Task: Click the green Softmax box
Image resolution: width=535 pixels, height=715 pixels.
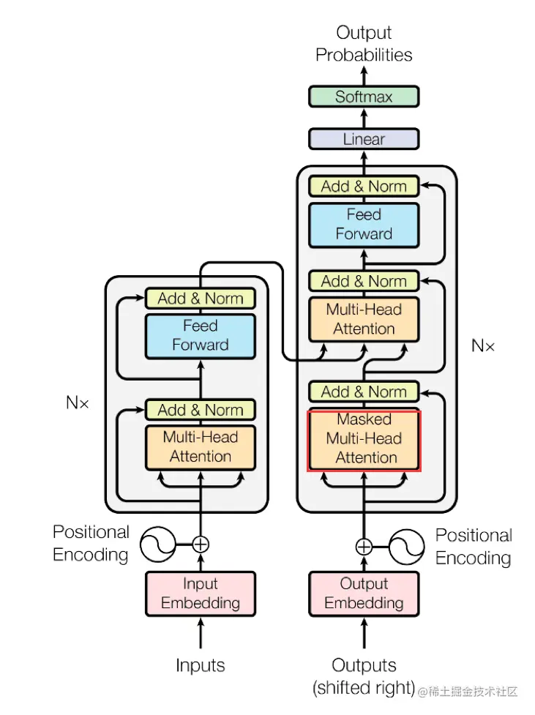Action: click(x=364, y=97)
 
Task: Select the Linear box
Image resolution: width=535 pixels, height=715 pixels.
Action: click(x=364, y=139)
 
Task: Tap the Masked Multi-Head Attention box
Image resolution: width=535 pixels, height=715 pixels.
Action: click(x=364, y=438)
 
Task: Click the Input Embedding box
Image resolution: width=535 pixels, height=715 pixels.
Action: click(x=201, y=594)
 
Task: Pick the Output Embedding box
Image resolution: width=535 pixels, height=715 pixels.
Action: click(x=364, y=594)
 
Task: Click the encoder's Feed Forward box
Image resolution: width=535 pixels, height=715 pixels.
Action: click(x=201, y=336)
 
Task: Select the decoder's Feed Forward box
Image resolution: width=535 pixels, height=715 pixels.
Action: click(x=364, y=225)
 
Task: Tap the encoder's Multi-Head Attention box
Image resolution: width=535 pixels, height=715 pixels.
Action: click(x=201, y=447)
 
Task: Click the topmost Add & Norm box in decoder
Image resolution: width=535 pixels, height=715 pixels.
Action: click(x=364, y=186)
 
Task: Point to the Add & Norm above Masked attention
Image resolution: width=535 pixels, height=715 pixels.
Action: click(x=364, y=392)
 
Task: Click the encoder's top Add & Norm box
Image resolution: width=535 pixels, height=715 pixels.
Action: click(x=201, y=298)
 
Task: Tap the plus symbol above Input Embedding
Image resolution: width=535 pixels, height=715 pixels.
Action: click(x=201, y=544)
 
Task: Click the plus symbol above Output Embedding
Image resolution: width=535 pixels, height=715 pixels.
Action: click(x=364, y=546)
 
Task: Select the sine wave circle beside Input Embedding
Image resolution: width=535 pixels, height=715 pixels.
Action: click(x=158, y=544)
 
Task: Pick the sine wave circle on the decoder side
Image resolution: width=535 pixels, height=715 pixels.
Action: click(x=406, y=547)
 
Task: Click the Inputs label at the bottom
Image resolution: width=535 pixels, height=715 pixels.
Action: click(x=201, y=666)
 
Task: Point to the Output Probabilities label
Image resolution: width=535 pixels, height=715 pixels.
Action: click(x=364, y=44)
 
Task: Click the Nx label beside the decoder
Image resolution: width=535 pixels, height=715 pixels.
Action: click(x=483, y=345)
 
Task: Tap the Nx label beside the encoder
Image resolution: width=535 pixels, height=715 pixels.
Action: click(x=77, y=403)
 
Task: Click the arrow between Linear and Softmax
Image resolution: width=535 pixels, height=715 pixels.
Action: click(x=364, y=118)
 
